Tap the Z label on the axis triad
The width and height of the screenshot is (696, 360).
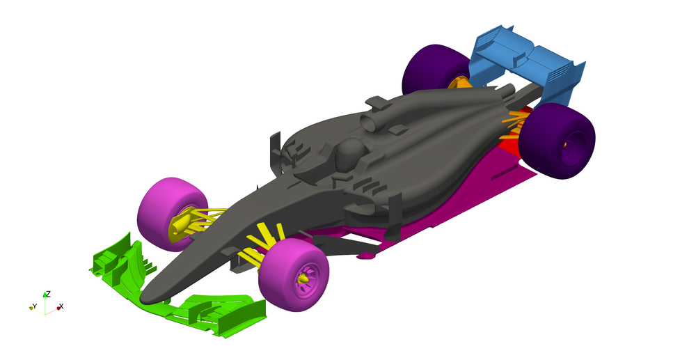point(47,294)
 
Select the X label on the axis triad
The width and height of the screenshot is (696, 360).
point(61,306)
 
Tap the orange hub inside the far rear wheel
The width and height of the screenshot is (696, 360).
point(459,83)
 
